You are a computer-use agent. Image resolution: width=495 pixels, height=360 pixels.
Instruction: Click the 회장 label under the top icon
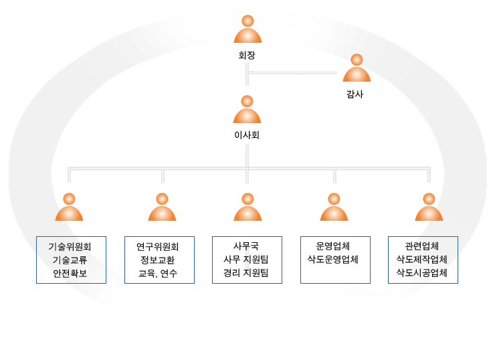tap(247, 56)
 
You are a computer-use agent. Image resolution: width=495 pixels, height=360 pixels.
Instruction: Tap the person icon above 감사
tap(357, 68)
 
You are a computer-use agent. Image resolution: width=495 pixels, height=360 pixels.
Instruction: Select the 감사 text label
tap(355, 94)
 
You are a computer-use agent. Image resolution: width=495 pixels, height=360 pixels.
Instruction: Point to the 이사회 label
tap(247, 135)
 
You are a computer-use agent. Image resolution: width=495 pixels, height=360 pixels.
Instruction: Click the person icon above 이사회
tap(247, 109)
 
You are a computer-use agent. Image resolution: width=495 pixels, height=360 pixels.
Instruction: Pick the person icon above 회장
tap(248, 29)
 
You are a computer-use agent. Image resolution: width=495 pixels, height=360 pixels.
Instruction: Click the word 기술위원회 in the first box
tap(70, 247)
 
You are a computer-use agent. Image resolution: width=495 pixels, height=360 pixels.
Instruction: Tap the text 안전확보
tap(70, 273)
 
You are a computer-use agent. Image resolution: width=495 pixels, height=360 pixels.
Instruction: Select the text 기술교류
tap(70, 260)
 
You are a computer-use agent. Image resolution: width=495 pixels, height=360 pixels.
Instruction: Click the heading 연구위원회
tap(157, 247)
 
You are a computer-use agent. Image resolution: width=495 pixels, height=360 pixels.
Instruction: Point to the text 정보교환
tap(157, 260)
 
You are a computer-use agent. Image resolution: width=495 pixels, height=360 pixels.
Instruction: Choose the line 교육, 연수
tap(157, 273)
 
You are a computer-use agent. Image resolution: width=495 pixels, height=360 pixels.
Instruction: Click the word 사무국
tap(246, 246)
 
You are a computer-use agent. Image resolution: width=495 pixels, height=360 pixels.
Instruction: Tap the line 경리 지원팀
tap(246, 272)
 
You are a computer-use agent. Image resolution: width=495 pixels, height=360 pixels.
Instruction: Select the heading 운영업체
tap(332, 246)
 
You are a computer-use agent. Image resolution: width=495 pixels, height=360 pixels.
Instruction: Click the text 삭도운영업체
tap(332, 259)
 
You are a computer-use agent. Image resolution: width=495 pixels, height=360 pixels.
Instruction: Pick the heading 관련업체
tap(422, 246)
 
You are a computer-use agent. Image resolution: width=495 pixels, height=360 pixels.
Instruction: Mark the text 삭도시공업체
tap(422, 272)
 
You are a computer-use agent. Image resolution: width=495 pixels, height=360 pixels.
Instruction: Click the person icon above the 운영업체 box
tap(334, 207)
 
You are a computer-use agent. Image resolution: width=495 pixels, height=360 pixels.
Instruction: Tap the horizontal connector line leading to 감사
tap(292, 73)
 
